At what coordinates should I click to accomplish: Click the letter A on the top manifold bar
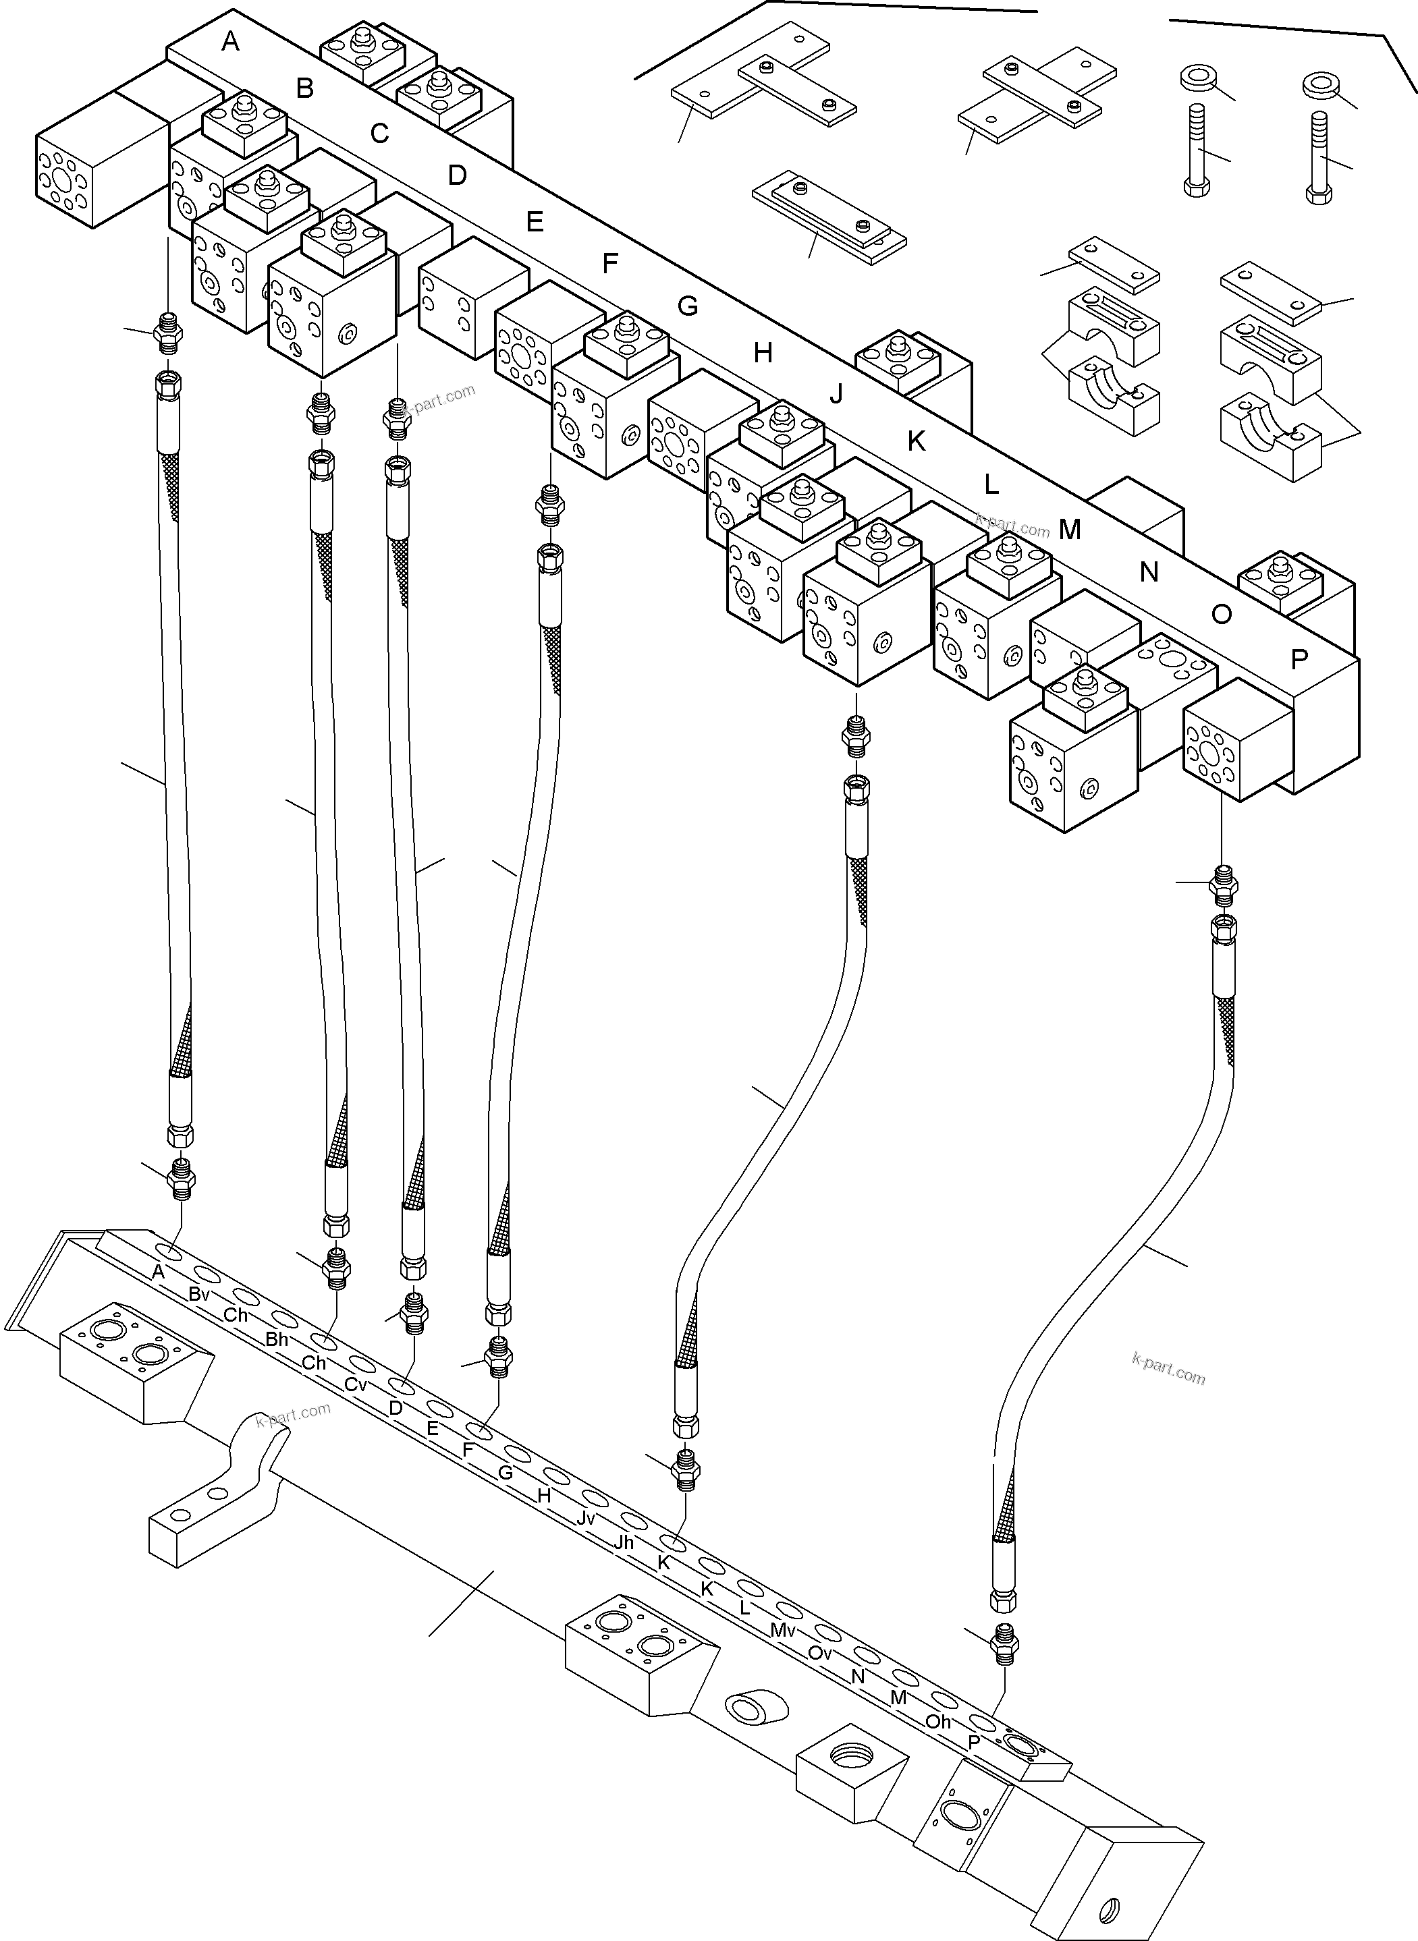pos(230,40)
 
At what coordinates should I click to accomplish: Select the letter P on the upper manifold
pos(1299,659)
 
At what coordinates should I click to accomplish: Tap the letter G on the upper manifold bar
pos(688,306)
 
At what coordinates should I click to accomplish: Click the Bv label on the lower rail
pos(199,1294)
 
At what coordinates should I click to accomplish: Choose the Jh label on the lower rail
pos(624,1542)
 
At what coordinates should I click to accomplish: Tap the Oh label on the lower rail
pos(938,1721)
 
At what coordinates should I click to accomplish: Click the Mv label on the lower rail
pos(783,1629)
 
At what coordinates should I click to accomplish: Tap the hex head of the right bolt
pos(1319,193)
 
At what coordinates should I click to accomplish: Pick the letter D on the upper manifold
pos(458,175)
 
